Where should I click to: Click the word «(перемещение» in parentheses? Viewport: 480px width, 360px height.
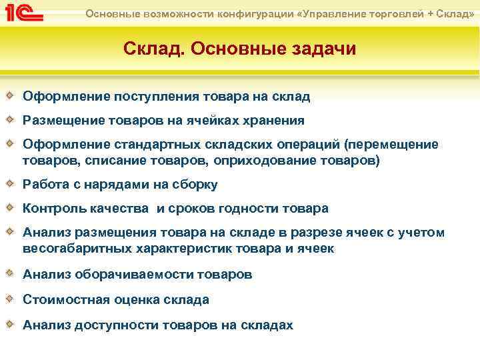coord(391,145)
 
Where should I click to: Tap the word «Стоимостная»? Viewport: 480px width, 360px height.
coord(63,300)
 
